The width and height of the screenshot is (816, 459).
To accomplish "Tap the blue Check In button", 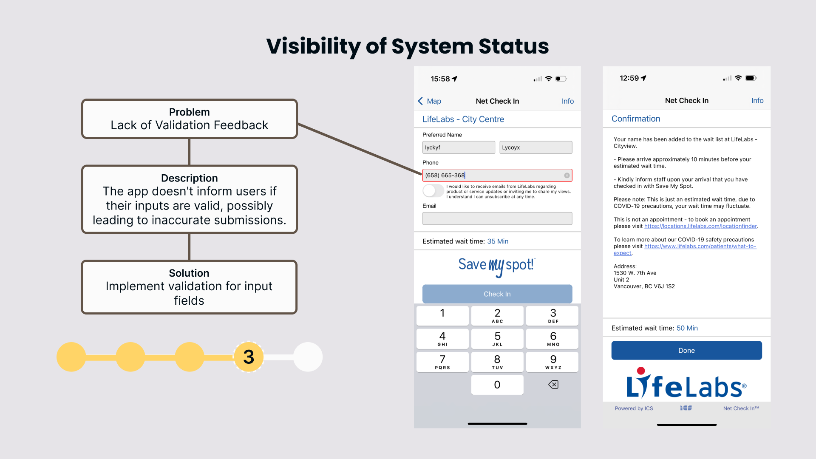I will (x=497, y=294).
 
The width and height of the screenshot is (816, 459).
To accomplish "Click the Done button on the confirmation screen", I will (x=686, y=351).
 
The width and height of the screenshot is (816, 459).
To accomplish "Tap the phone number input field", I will (x=493, y=175).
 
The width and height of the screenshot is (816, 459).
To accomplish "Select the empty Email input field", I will (x=497, y=218).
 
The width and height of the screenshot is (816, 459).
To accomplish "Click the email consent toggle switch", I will (x=433, y=191).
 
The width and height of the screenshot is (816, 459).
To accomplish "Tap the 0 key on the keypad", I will (x=497, y=385).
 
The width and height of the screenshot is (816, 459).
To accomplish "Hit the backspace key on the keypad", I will (x=553, y=385).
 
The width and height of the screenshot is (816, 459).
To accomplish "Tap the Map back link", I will (x=430, y=101).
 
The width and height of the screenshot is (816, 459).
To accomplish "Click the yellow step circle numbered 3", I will (x=249, y=357).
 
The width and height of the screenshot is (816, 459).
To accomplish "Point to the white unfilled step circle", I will (x=308, y=357).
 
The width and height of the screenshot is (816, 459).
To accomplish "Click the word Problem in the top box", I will (x=189, y=112).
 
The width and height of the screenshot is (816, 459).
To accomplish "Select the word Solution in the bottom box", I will (x=189, y=273).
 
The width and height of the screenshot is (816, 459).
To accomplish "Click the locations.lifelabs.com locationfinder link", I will (x=700, y=226).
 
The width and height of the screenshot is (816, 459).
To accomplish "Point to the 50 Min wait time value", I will (x=687, y=328).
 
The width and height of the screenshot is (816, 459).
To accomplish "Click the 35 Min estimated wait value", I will (x=498, y=241).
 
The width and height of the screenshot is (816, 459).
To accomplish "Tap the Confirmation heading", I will (x=635, y=119).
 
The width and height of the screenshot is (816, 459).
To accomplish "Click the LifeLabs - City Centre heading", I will (x=463, y=119).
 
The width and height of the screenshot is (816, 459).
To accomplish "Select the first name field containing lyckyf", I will (x=458, y=147).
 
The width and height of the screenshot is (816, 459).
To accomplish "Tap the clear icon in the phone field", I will (x=567, y=176).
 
